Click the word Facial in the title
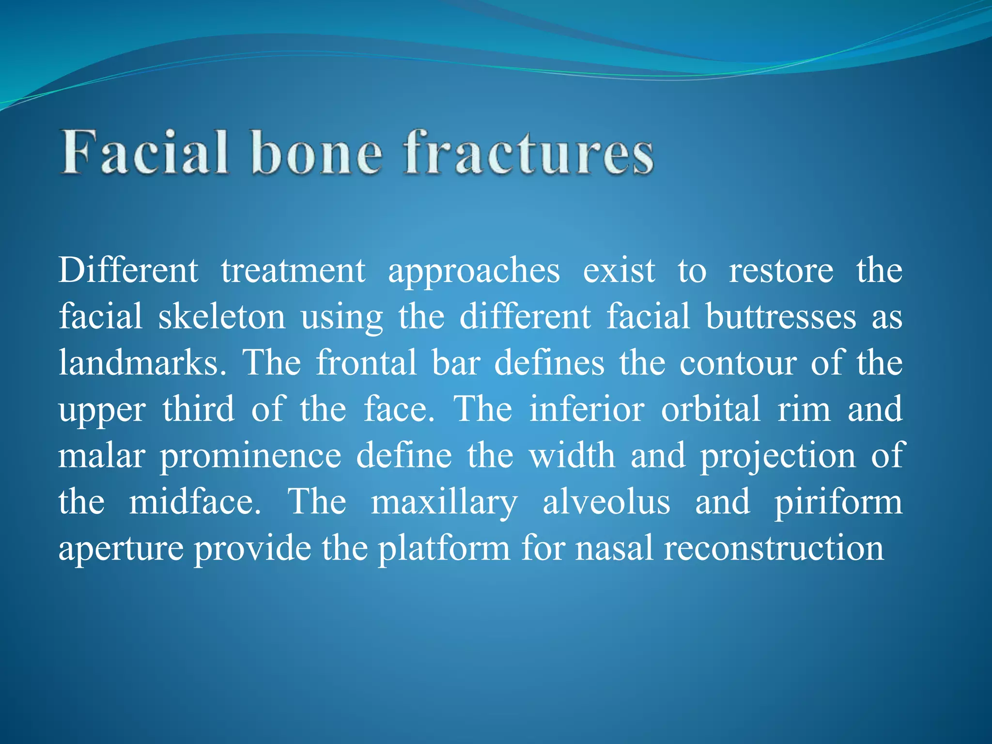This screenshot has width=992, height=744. click(x=144, y=152)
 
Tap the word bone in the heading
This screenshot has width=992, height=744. click(x=317, y=152)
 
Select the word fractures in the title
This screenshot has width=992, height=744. click(x=529, y=152)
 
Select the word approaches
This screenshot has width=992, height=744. click(x=474, y=271)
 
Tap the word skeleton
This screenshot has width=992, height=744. click(x=222, y=317)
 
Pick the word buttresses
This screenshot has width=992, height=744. click(x=781, y=317)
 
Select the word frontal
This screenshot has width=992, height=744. click(x=366, y=363)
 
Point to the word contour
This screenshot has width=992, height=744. click(x=738, y=363)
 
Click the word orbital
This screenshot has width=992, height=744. click(x=711, y=409)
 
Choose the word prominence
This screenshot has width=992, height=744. click(x=251, y=456)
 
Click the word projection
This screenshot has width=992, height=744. click(x=778, y=456)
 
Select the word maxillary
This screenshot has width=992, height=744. click(x=444, y=503)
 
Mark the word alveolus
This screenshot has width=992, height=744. click(x=606, y=502)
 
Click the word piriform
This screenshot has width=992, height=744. click(x=838, y=503)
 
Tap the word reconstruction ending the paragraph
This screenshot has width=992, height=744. click(x=774, y=548)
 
